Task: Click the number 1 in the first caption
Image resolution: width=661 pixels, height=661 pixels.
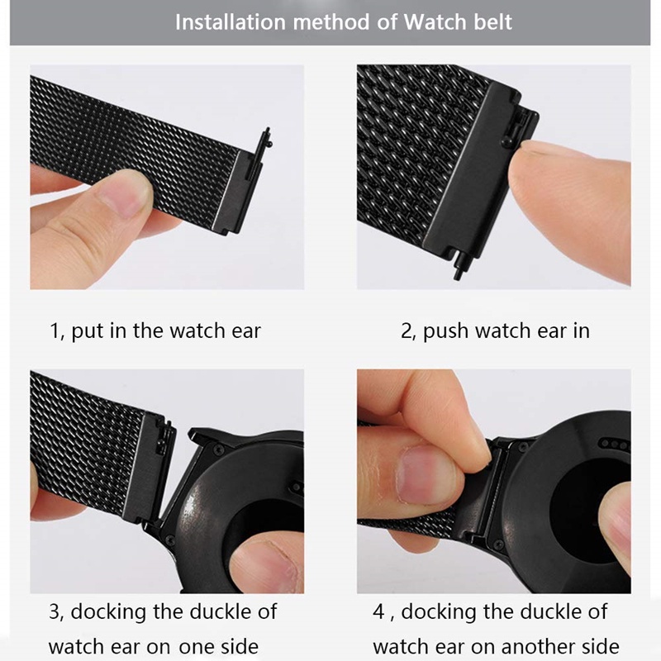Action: point(55,332)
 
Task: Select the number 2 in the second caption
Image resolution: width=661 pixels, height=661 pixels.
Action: point(407,332)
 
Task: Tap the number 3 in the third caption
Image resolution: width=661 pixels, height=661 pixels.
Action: point(55,612)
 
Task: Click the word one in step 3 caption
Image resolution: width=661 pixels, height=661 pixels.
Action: point(198,645)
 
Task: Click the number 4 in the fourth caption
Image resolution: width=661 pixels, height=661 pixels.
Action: point(378,612)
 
